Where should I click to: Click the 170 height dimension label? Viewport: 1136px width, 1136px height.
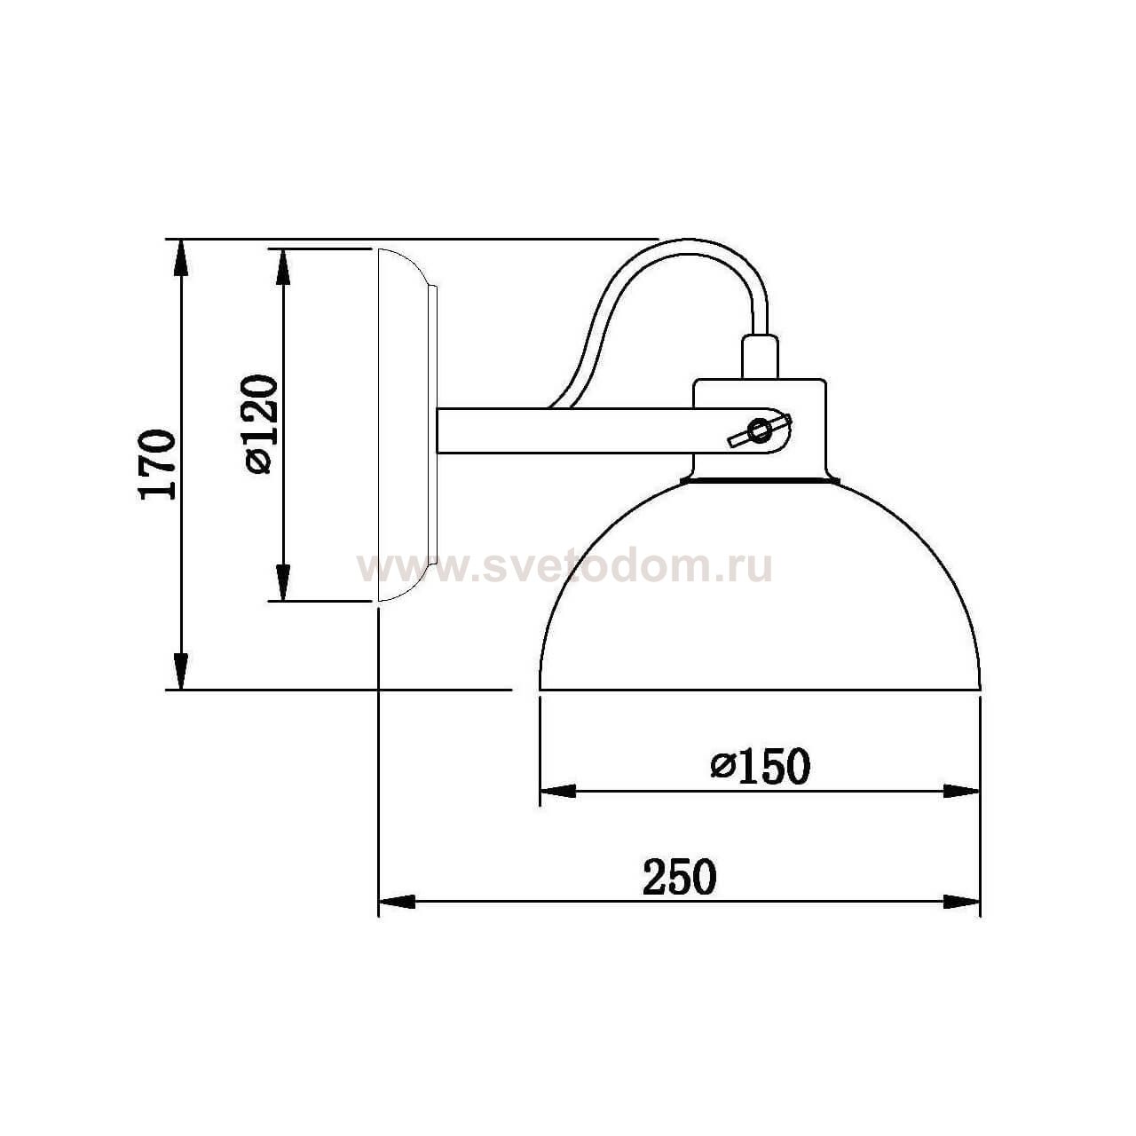157,464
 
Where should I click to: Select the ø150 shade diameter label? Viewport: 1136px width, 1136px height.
761,766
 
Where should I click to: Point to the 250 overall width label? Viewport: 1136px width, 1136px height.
679,877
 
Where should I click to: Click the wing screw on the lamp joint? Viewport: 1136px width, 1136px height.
759,432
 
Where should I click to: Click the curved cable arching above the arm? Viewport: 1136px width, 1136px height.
674,257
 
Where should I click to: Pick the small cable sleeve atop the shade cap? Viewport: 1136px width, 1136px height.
760,356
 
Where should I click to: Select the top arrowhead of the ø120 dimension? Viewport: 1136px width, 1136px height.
283,265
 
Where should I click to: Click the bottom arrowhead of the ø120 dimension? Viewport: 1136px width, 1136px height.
283,584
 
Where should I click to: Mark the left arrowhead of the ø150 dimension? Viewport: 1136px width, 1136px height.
557,791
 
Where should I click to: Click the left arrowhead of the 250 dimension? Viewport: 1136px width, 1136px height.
397,902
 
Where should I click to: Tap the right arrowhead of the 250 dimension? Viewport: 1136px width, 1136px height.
962,902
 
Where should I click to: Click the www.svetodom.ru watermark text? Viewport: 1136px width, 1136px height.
564,566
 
